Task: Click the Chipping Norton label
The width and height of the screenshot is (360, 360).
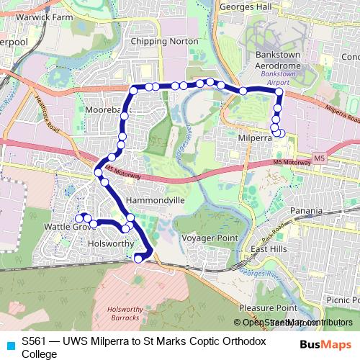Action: [x=163, y=41]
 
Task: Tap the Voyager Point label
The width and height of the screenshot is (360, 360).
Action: [x=210, y=238]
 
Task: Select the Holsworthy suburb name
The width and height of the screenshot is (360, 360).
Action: [x=111, y=243]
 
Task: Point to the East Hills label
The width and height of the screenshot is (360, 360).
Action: [x=268, y=250]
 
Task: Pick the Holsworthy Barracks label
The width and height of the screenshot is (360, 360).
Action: [x=129, y=313]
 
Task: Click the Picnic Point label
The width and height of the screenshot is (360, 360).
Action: [x=341, y=299]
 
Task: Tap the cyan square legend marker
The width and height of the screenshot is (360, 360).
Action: [x=9, y=345]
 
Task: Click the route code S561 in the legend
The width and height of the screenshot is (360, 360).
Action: [x=34, y=341]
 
